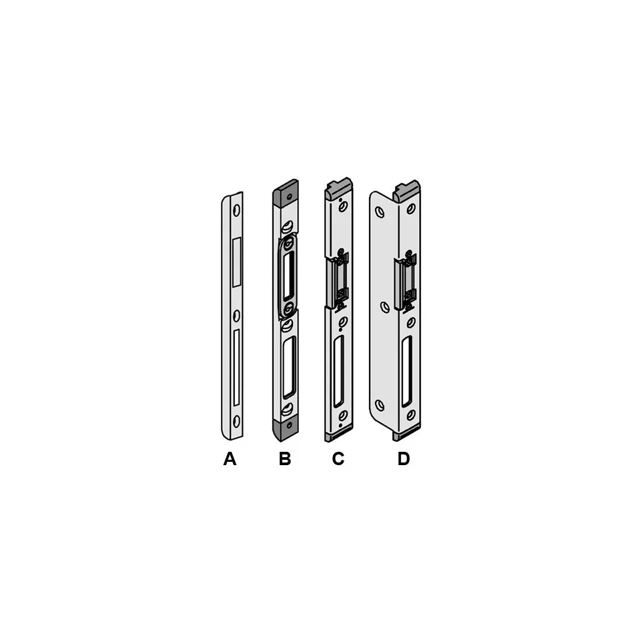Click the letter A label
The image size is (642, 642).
tap(230, 458)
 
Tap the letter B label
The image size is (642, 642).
tap(285, 458)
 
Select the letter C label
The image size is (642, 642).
tap(338, 458)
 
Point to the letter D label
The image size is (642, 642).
tap(404, 458)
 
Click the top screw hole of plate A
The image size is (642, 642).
tap(237, 210)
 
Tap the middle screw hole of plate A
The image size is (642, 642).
tap(236, 316)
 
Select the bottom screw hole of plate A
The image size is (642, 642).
tap(237, 422)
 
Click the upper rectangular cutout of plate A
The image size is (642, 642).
tap(236, 262)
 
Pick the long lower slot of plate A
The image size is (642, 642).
tap(236, 367)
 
